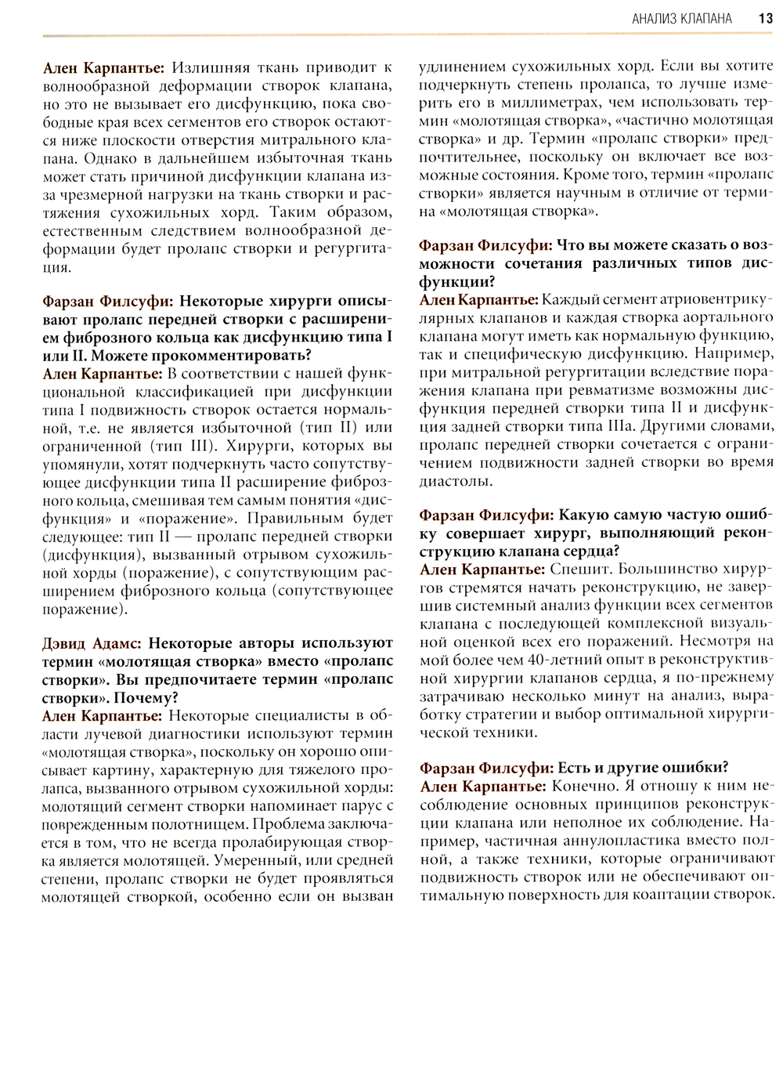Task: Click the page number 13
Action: coord(766,18)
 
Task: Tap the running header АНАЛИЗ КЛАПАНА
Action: coord(681,18)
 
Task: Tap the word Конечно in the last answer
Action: coord(583,786)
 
